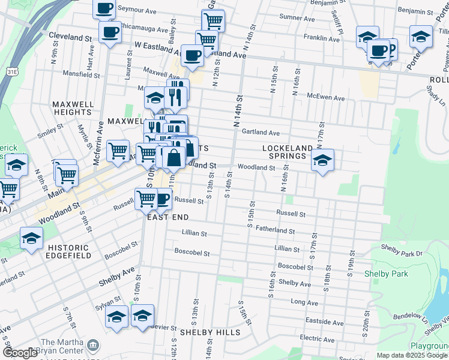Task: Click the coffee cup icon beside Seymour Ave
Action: pos(104,8)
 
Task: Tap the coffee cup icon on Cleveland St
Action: pos(110,32)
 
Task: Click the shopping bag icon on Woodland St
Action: pos(173,158)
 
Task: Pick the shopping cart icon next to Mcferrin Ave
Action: pos(118,150)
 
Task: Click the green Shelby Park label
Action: pos(386,274)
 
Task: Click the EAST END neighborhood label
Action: pos(168,217)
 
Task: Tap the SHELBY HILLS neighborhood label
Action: pos(209,332)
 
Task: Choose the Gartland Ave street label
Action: pos(261,133)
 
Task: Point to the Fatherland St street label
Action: pos(275,230)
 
